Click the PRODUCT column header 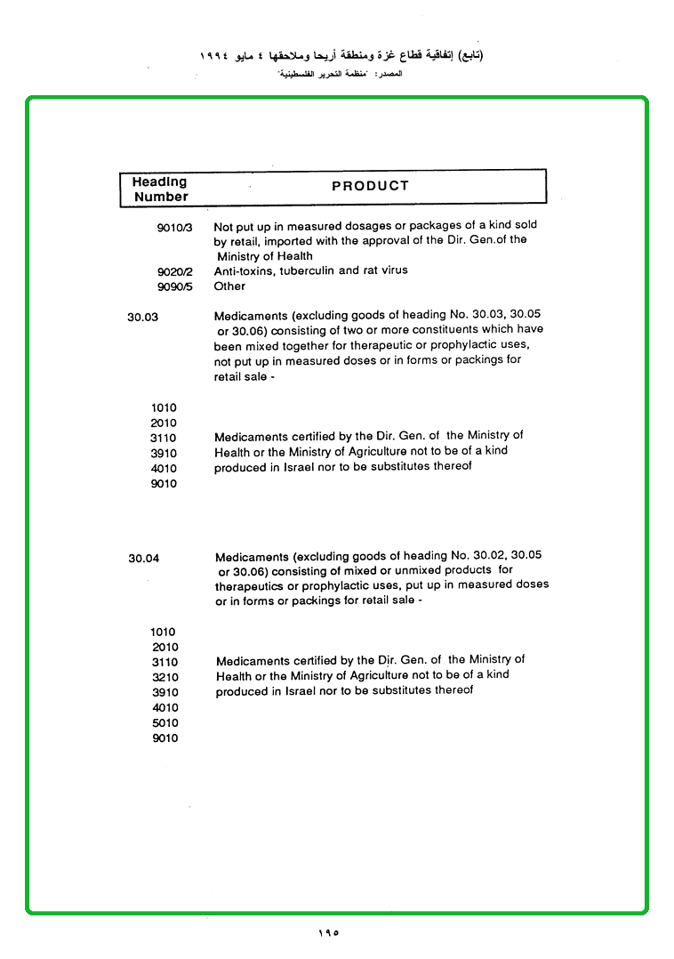tap(370, 186)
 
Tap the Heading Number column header tap(161, 189)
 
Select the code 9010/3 tap(174, 228)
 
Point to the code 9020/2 tap(174, 271)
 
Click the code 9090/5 tap(174, 286)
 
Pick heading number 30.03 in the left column tap(142, 316)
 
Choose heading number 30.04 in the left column tap(143, 559)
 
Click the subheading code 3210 tap(164, 678)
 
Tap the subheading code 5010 tap(164, 723)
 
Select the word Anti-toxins tap(245, 270)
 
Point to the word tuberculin tap(307, 270)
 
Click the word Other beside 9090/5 tap(229, 286)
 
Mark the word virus tap(393, 270)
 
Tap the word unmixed tap(416, 570)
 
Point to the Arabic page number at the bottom tap(328, 933)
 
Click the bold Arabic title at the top tap(342, 55)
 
